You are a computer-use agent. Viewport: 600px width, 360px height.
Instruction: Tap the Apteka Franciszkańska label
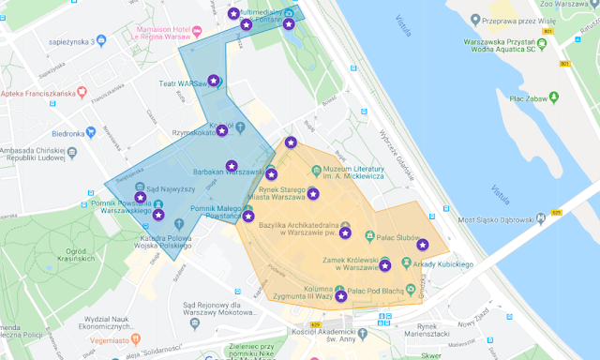[x=40, y=94]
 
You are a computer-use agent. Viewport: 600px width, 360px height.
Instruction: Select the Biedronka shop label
[x=68, y=133]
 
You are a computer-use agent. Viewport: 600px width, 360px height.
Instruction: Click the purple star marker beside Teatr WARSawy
[x=214, y=82]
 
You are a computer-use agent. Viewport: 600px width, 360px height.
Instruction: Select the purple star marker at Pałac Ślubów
[x=423, y=245]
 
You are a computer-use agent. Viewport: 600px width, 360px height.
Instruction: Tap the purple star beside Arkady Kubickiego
[x=385, y=266]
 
